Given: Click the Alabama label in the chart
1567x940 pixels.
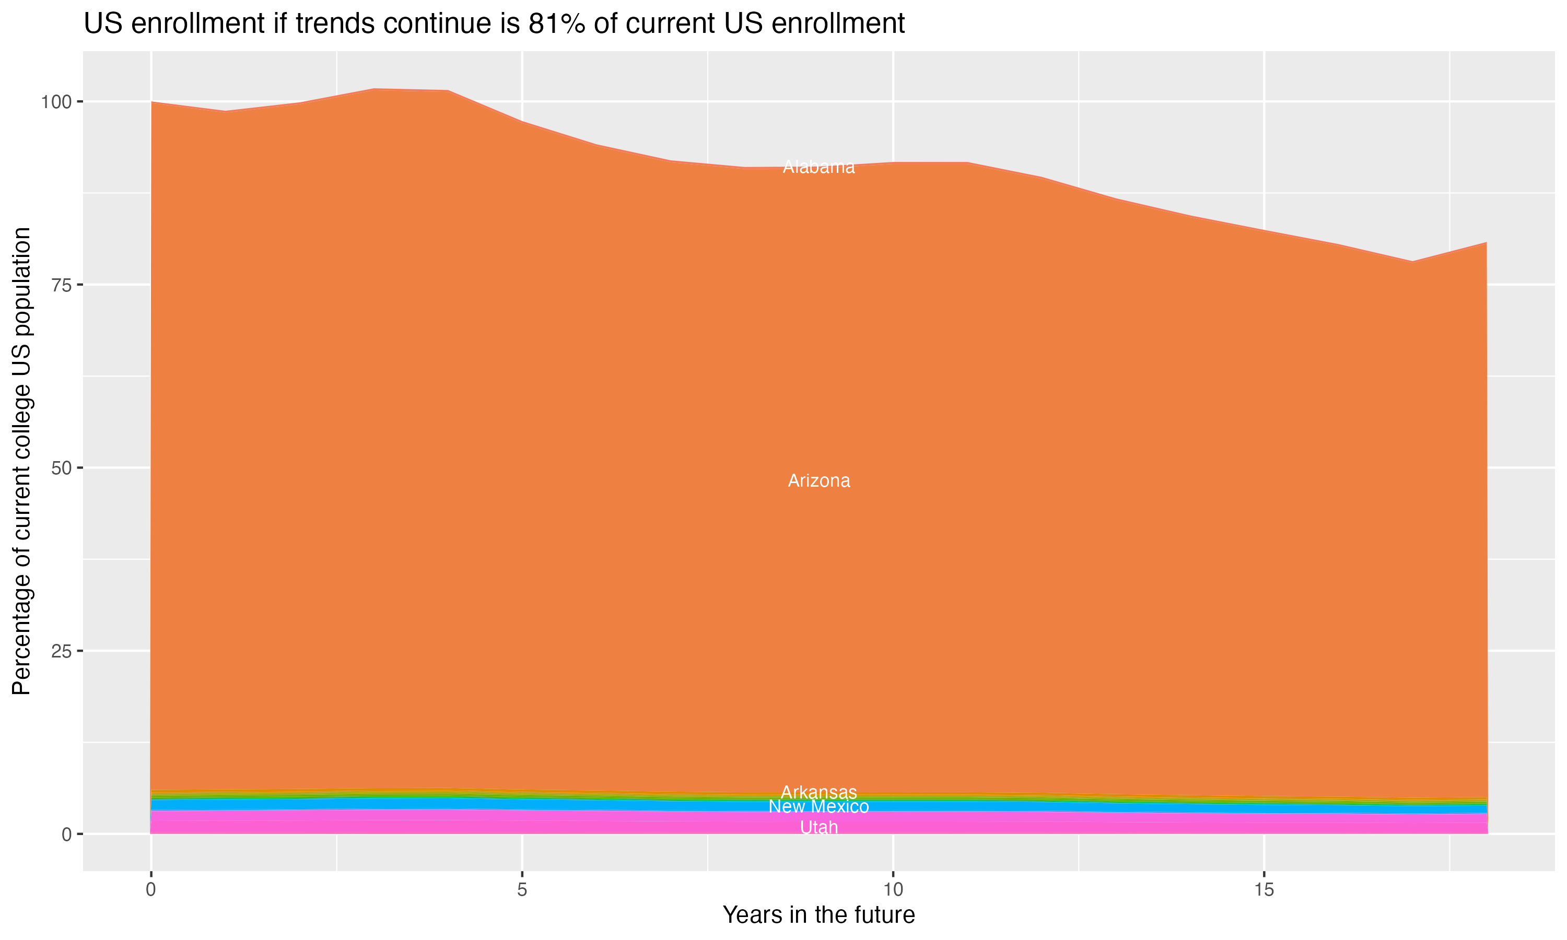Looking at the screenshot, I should pos(818,167).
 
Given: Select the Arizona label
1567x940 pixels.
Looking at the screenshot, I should pos(818,481).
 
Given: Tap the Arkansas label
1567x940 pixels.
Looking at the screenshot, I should pos(818,792).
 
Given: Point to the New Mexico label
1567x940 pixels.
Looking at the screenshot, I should pos(818,807).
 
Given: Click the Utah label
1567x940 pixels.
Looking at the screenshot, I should pos(818,828).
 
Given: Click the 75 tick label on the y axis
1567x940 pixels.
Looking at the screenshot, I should pos(62,285).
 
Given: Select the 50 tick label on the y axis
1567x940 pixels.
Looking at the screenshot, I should pos(62,468).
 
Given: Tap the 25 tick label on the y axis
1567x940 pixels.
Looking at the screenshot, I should pos(62,651).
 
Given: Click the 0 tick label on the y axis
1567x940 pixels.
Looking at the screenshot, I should pos(66,834).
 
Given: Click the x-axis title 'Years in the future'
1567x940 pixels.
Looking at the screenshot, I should pos(818,915).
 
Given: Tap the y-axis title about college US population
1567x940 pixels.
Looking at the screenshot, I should pos(22,461).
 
